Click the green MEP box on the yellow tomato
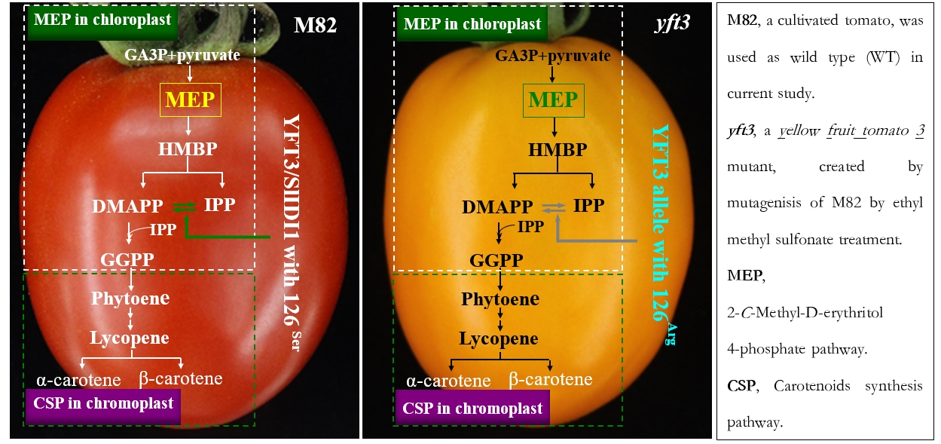[x=553, y=100]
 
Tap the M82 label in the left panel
[x=315, y=25]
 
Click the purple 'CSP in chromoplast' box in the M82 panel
[x=102, y=403]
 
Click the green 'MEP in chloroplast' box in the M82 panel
[x=102, y=20]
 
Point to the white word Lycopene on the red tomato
[x=130, y=338]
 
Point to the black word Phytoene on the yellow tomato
[x=500, y=299]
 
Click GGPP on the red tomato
[x=127, y=260]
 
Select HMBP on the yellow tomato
[x=558, y=149]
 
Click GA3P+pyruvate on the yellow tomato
[x=553, y=56]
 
